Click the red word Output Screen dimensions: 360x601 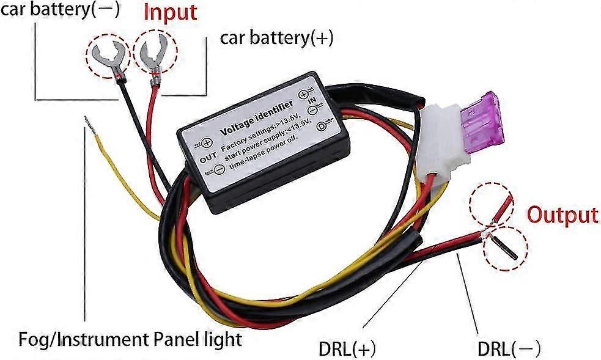tap(562, 215)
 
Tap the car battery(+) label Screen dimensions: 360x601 tap(276, 39)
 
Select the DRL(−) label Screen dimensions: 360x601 tap(509, 349)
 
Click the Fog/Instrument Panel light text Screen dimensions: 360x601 tap(130, 339)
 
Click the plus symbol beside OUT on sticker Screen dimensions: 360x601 tap(207, 142)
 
